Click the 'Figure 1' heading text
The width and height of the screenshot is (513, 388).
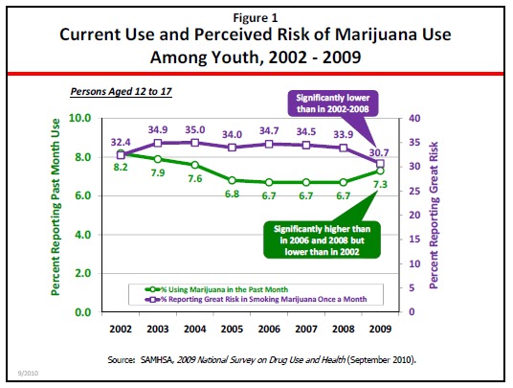[256, 16]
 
